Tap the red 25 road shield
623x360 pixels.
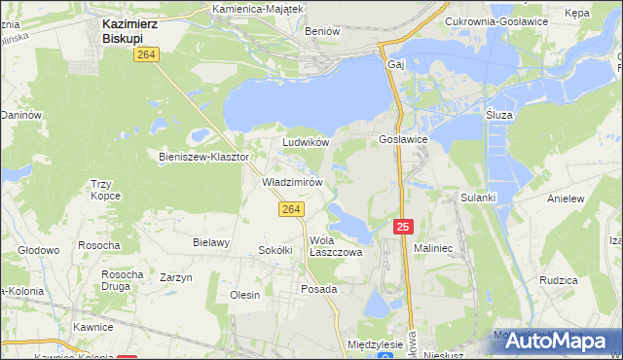[x=404, y=226]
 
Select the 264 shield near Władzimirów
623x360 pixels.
[x=289, y=209]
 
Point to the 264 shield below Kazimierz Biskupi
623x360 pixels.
[x=147, y=56]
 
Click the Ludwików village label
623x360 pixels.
[x=306, y=142]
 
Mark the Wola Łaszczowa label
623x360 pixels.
[x=336, y=246]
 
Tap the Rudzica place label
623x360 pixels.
[x=559, y=280]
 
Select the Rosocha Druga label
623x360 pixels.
[x=123, y=280]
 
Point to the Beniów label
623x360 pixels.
[x=322, y=31]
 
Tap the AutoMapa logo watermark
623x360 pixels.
[x=559, y=341]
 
